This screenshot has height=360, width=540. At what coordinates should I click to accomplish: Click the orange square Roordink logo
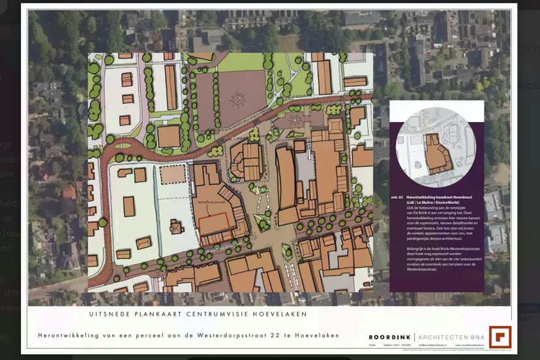click(500, 337)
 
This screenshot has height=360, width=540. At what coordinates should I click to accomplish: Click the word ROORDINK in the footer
click(389, 337)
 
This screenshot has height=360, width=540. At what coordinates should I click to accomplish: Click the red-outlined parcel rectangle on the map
click(217, 224)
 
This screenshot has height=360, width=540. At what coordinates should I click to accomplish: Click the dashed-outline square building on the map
click(173, 174)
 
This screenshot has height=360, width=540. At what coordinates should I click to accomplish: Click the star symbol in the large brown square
click(239, 99)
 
